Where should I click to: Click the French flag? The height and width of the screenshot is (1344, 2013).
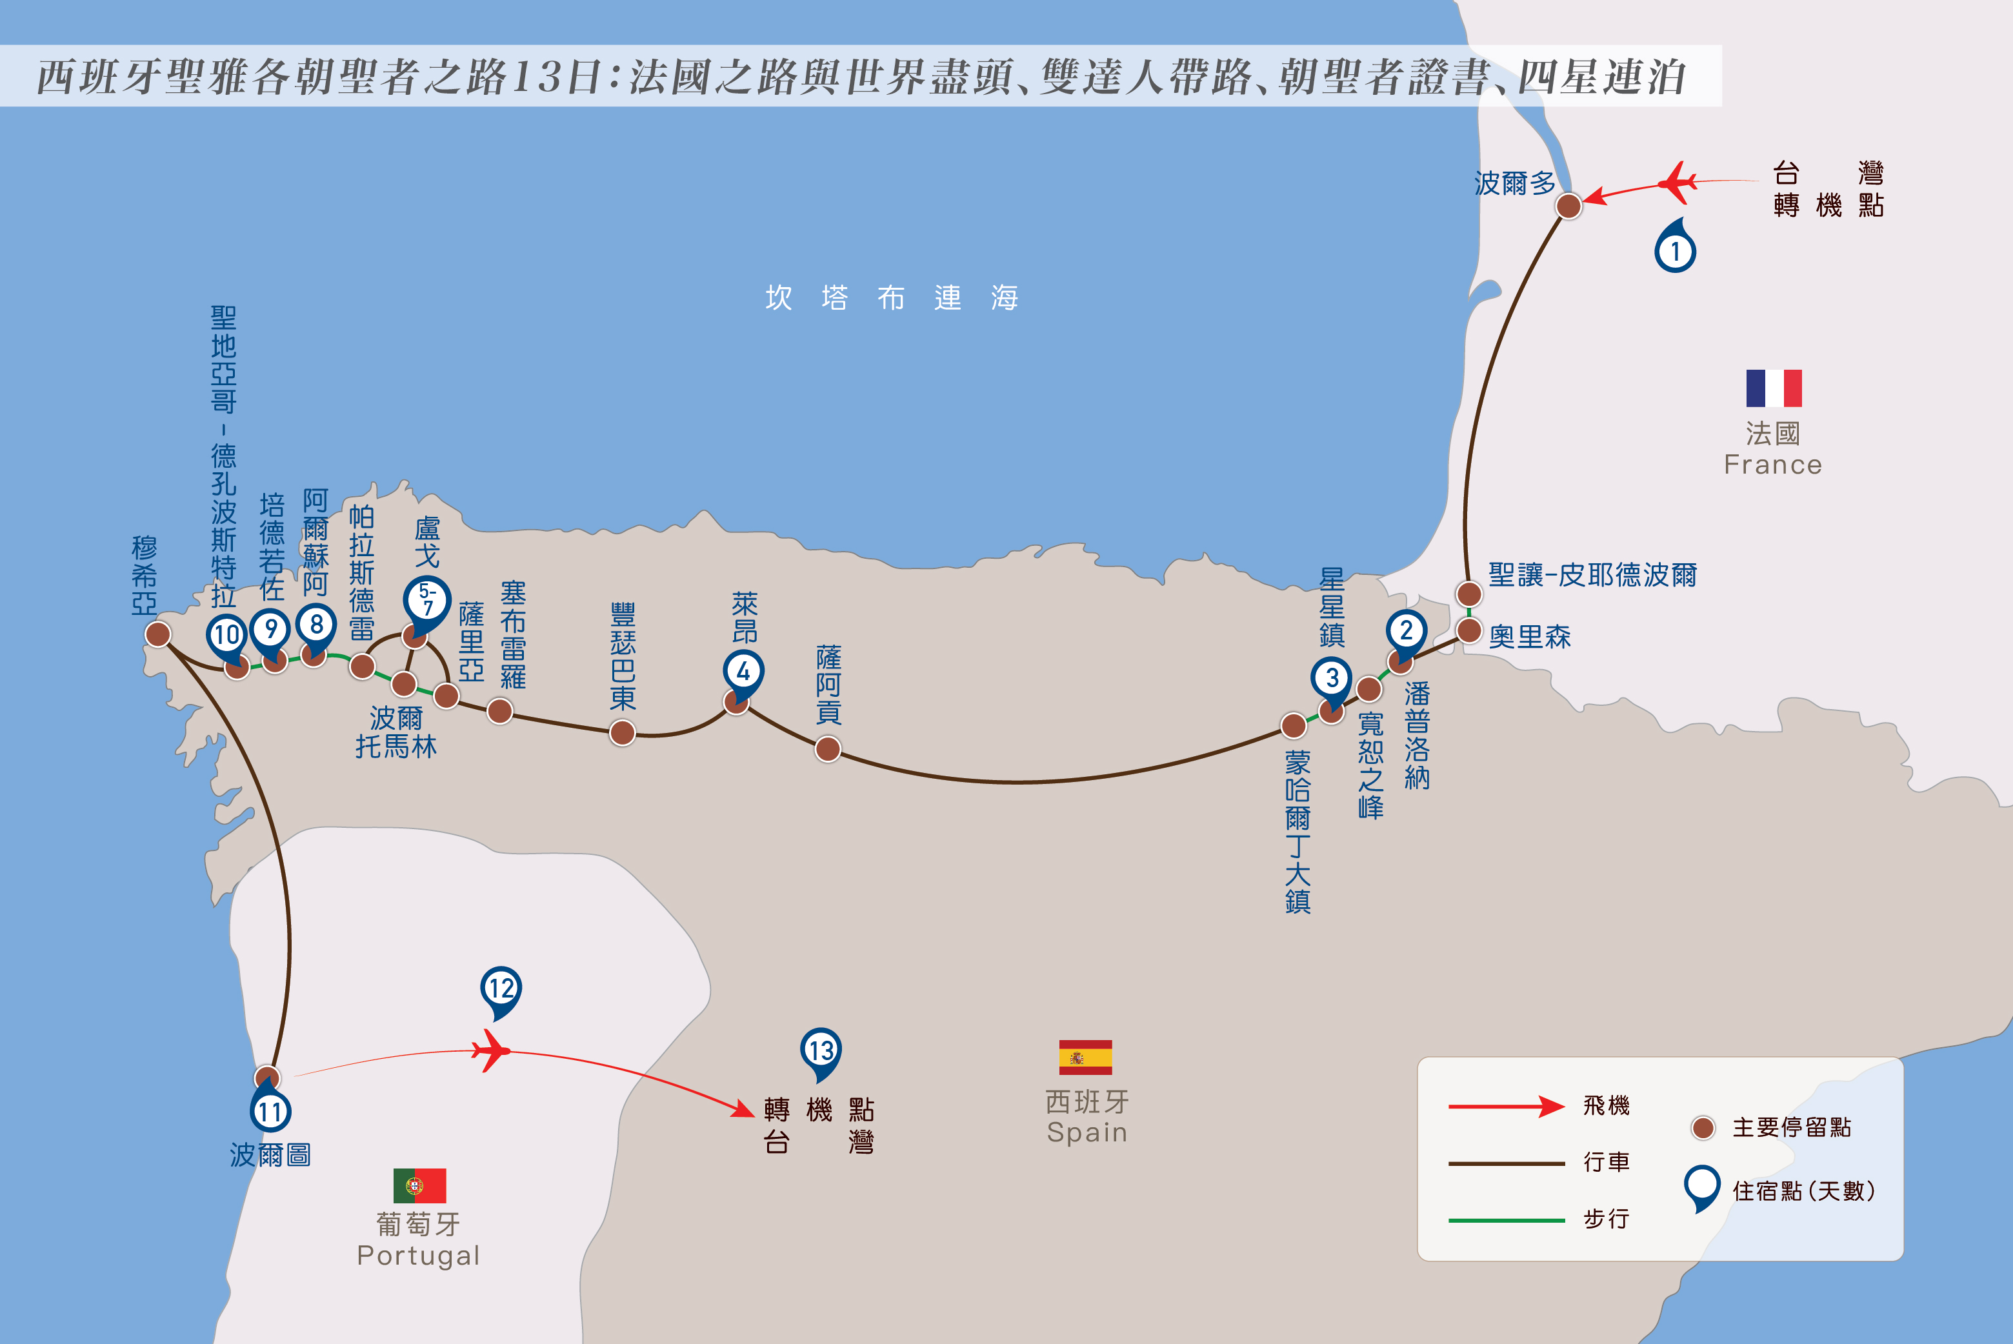[1774, 388]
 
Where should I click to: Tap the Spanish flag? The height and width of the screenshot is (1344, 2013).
[1085, 1057]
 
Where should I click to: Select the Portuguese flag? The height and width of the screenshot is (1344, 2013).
[420, 1185]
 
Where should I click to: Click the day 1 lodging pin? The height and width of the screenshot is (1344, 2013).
[1676, 247]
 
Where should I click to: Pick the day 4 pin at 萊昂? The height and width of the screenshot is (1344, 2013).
[743, 674]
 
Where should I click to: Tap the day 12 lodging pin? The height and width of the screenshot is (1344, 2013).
[501, 992]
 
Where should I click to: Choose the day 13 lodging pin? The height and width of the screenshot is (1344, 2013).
[821, 1054]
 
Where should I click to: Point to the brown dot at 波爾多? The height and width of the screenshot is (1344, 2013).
[1568, 206]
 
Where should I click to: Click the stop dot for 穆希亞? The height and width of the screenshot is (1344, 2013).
[157, 634]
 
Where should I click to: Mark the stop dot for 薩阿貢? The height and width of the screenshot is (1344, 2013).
[828, 750]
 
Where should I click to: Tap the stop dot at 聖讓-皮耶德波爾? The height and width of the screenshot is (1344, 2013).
[1470, 593]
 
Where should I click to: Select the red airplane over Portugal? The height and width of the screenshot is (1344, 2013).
[491, 1051]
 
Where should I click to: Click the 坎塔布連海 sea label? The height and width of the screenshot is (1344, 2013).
[891, 297]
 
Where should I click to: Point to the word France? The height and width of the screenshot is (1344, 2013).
[1773, 465]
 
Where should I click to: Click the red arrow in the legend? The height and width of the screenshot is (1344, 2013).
[1507, 1107]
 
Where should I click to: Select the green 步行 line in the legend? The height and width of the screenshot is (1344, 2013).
[1507, 1219]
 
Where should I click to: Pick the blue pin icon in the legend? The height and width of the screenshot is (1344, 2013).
[1702, 1188]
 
